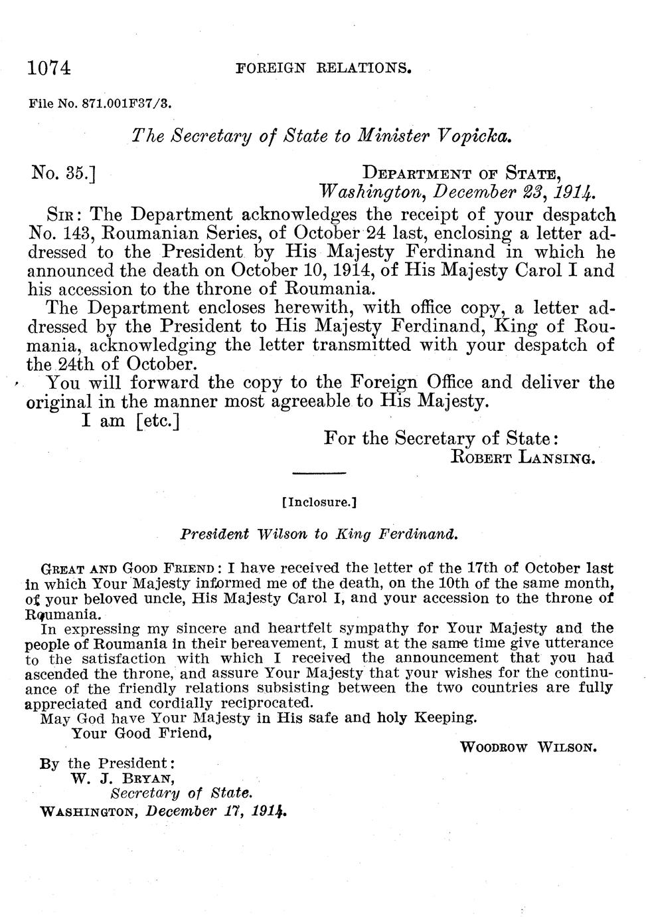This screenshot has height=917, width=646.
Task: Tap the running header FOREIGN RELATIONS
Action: [x=324, y=68]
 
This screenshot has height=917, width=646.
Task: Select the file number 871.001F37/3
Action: [x=126, y=104]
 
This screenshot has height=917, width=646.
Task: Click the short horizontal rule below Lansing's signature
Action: [x=319, y=473]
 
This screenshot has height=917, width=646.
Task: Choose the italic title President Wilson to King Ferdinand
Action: [x=319, y=534]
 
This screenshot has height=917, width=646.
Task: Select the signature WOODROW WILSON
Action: [x=528, y=747]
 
